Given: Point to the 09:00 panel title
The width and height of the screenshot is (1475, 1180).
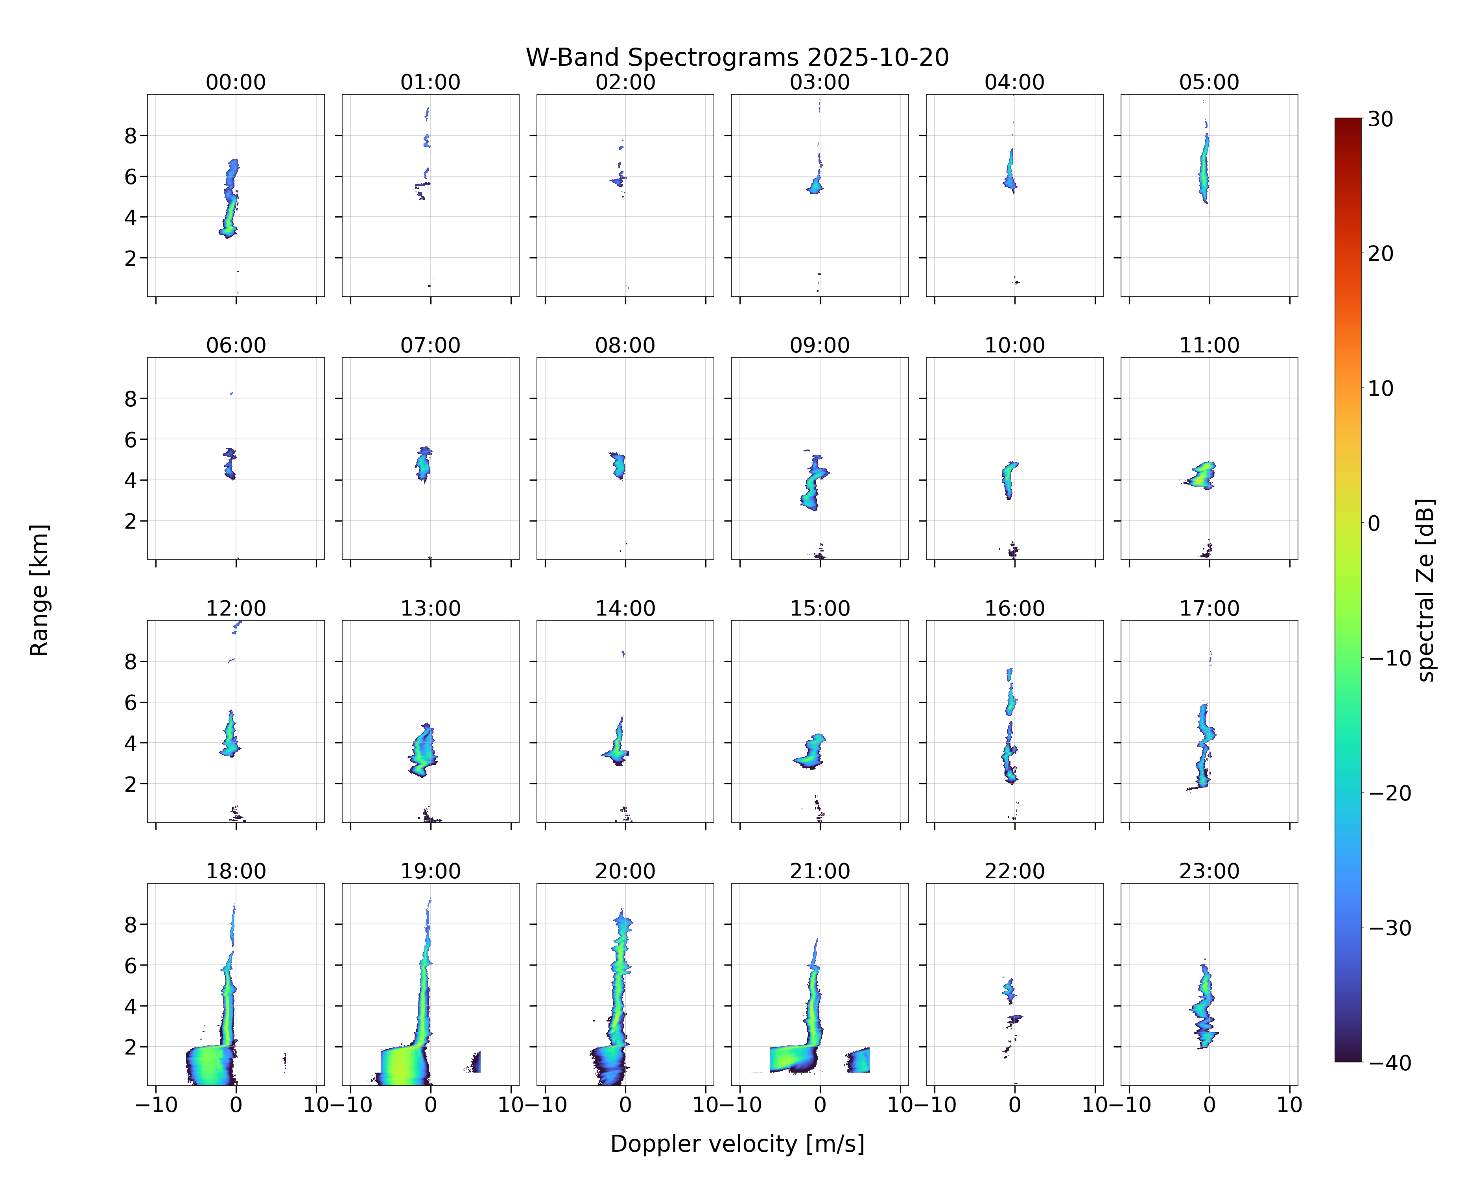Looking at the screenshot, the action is (x=820, y=345).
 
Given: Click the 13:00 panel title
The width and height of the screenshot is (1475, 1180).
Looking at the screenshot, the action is (x=430, y=608).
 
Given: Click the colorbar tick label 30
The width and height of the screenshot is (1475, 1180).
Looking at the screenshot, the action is (x=1381, y=119).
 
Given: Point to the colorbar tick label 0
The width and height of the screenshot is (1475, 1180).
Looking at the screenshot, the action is (x=1374, y=523).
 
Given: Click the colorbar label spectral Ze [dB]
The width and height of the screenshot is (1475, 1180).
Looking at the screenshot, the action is (x=1425, y=590).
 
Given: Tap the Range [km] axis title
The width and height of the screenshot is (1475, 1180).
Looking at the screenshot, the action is (x=39, y=590).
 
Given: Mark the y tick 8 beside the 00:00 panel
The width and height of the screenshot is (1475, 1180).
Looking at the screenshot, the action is (x=131, y=135).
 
